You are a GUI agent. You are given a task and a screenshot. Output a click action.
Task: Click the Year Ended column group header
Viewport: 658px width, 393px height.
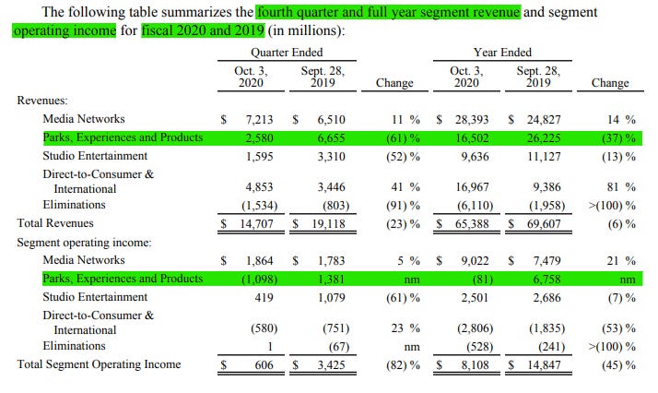[502, 53]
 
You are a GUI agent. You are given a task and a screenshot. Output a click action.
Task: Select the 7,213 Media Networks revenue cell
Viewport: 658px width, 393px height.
[250, 119]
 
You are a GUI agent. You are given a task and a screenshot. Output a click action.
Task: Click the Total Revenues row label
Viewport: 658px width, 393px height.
[54, 223]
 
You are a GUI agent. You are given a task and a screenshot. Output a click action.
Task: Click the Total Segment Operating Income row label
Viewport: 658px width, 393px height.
[100, 364]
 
